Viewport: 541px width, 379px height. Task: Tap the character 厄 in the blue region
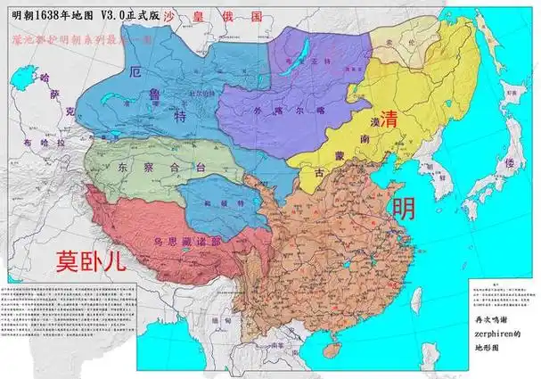pyautogui.click(x=135, y=73)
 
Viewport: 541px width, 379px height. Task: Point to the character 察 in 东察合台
pyautogui.click(x=148, y=167)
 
